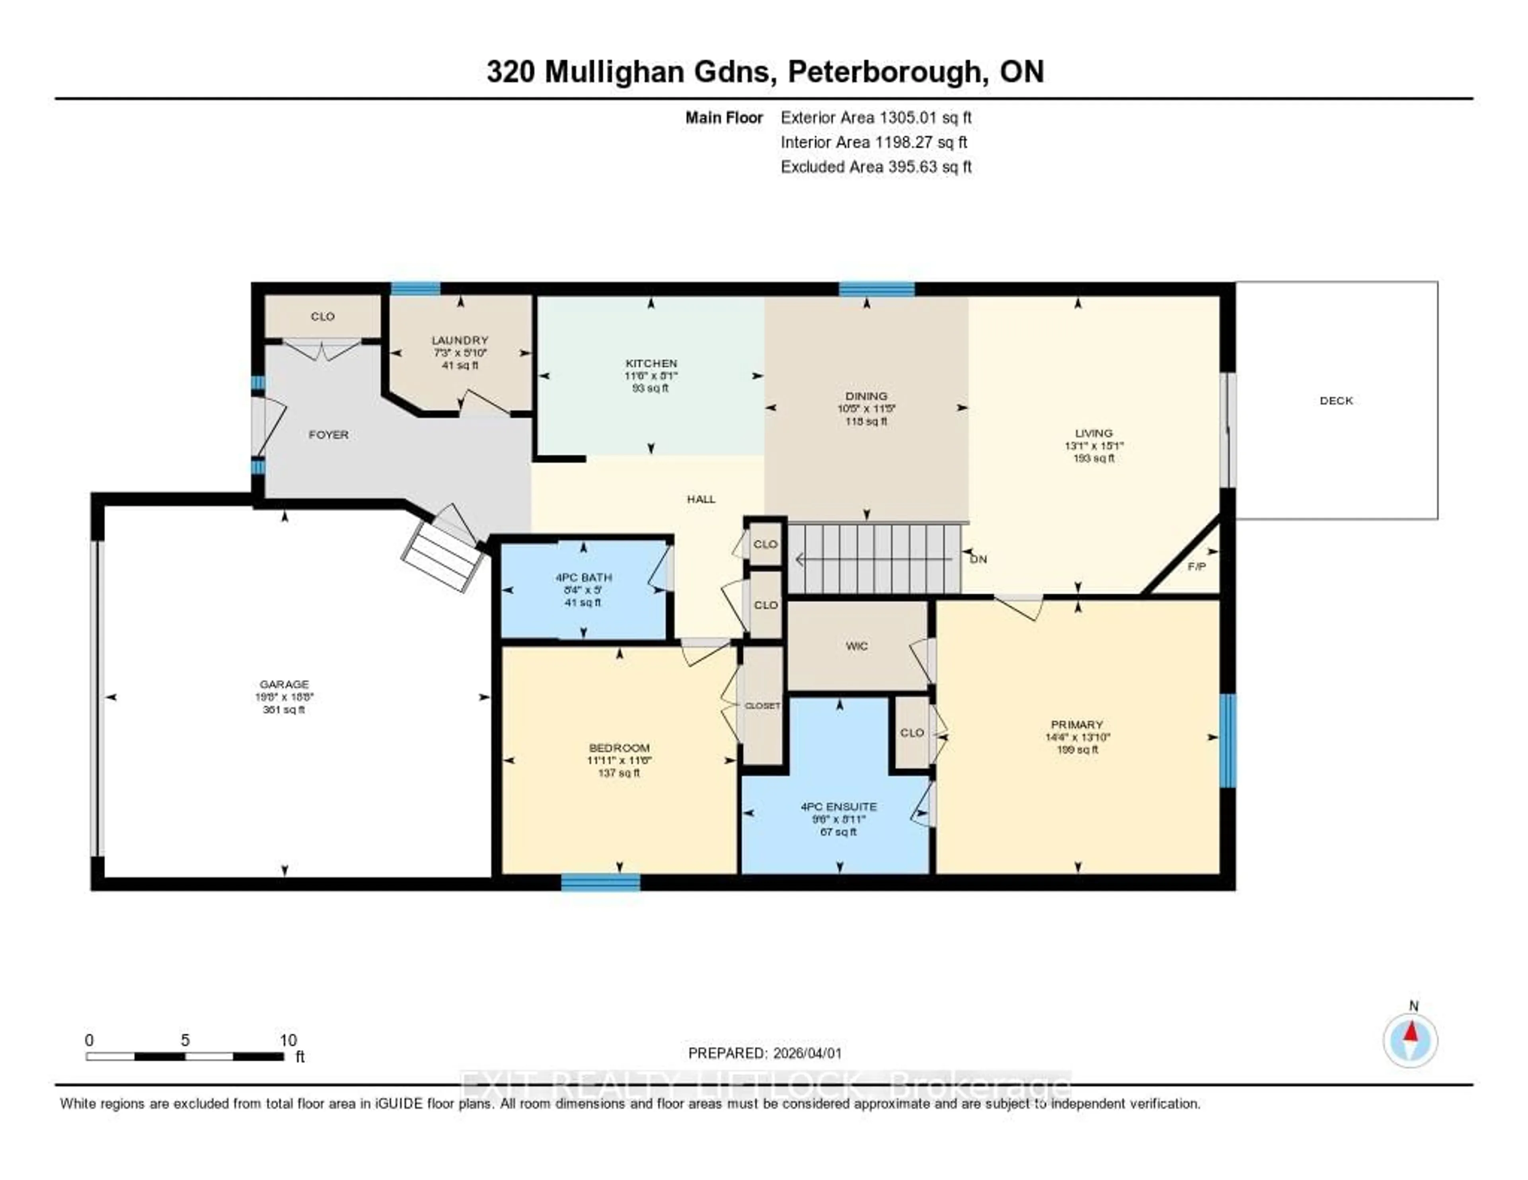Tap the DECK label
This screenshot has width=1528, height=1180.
tap(1335, 401)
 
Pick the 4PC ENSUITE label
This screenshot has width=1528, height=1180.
tap(838, 806)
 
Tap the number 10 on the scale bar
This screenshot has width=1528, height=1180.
tap(288, 1040)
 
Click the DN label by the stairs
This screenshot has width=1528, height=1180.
tap(978, 559)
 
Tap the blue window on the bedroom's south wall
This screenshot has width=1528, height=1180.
tap(600, 883)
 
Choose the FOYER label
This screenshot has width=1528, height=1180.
tap(328, 434)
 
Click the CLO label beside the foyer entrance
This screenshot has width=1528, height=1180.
tap(323, 316)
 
